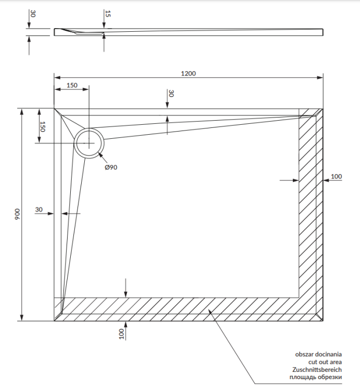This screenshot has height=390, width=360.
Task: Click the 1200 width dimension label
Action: (188, 73)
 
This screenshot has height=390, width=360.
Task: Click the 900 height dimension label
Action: (17, 214)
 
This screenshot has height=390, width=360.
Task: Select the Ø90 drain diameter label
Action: (111, 167)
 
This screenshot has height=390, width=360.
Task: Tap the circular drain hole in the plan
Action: (89, 142)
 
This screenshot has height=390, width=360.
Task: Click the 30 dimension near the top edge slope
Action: (170, 94)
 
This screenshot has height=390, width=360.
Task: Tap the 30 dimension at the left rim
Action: (38, 210)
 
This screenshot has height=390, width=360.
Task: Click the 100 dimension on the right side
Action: (337, 177)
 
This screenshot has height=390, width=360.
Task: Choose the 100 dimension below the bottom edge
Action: (121, 333)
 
